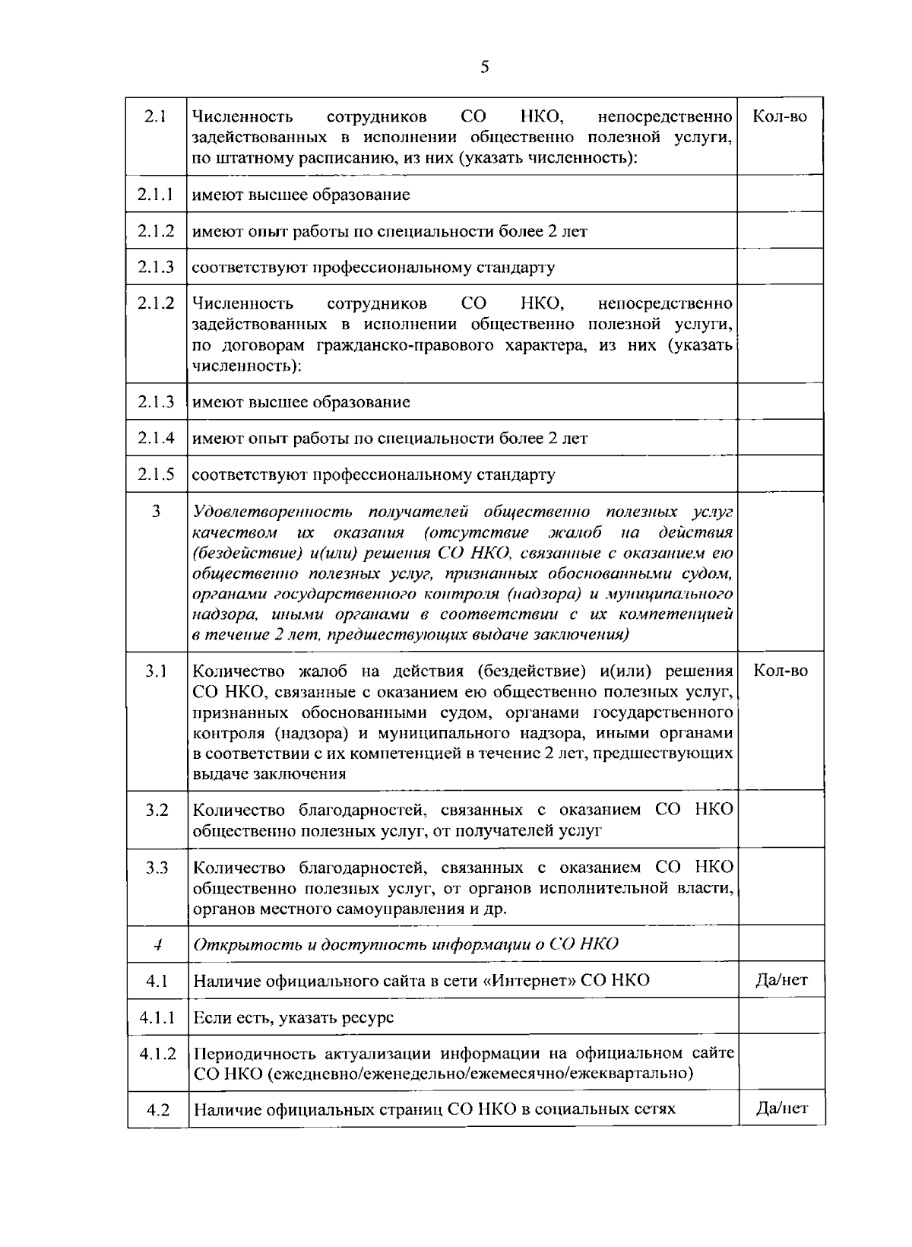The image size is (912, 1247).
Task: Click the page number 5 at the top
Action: pyautogui.click(x=485, y=67)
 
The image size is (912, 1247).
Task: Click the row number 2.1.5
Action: pyautogui.click(x=157, y=474)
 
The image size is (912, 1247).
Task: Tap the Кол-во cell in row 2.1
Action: pyautogui.click(x=780, y=116)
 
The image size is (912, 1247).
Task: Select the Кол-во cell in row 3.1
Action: pyautogui.click(x=780, y=671)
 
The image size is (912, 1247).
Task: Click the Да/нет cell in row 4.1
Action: pyautogui.click(x=781, y=980)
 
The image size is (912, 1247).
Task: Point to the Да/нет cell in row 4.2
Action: pyautogui.click(x=781, y=1108)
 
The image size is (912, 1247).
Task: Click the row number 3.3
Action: pyautogui.click(x=157, y=868)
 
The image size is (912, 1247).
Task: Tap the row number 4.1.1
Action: pyautogui.click(x=157, y=1017)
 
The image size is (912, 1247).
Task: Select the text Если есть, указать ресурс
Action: pyautogui.click(x=293, y=1017)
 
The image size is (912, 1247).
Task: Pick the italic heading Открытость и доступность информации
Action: pyautogui.click(x=405, y=944)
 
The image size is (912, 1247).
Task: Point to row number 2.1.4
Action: pyautogui.click(x=157, y=438)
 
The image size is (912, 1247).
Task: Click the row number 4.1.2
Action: pyautogui.click(x=157, y=1053)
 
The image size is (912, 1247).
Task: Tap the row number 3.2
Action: pyautogui.click(x=157, y=810)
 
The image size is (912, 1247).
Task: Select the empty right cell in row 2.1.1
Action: pyautogui.click(x=780, y=194)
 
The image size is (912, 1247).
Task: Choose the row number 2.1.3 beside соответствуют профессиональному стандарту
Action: pyautogui.click(x=157, y=267)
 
